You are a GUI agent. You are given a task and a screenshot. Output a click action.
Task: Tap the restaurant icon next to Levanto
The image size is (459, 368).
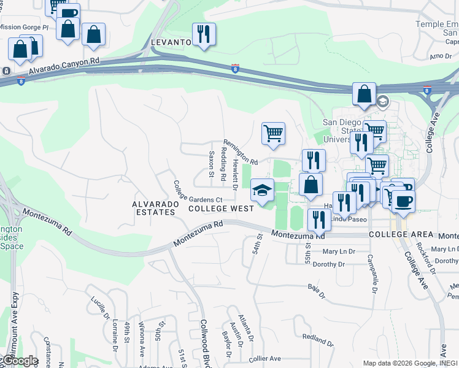(x=203, y=34)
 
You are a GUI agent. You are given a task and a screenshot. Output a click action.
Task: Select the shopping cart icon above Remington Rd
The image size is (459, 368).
(x=273, y=133)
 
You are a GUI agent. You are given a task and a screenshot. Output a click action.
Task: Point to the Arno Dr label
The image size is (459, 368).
(x=440, y=56)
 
